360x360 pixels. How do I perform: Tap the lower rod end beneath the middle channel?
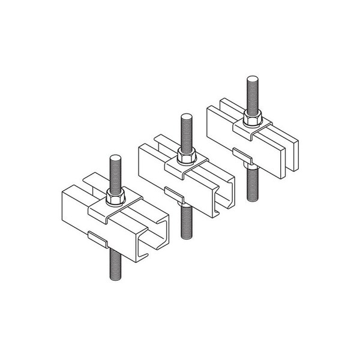pos(183,213)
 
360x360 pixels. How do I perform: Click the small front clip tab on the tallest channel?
pos(98,238)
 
